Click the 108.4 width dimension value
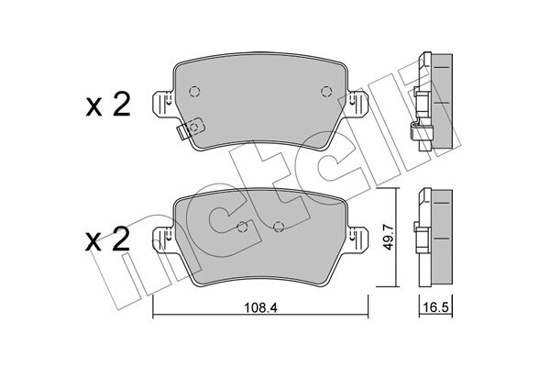(x=260, y=308)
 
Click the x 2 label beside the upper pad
(x=107, y=105)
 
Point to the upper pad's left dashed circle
(x=194, y=92)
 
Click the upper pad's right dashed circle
(x=326, y=92)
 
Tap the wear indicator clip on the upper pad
(x=190, y=128)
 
